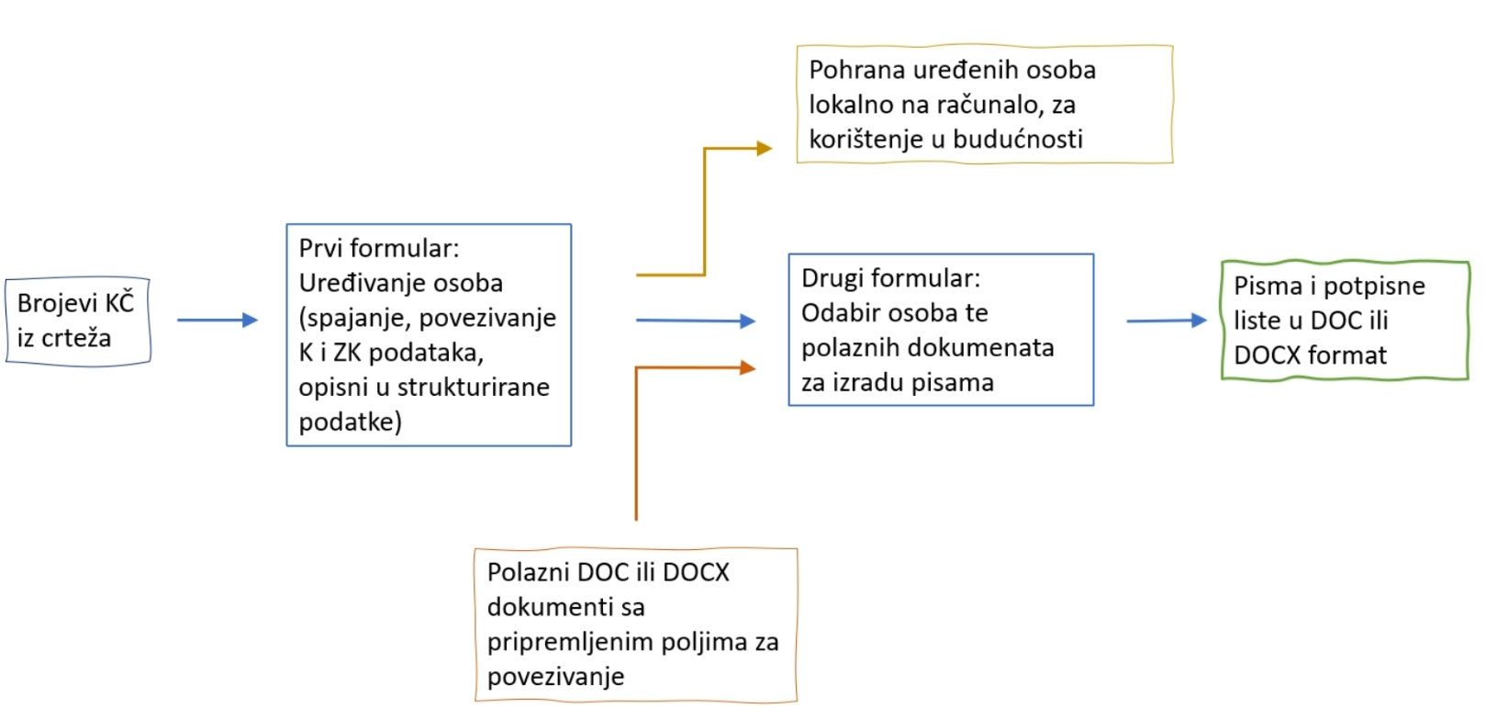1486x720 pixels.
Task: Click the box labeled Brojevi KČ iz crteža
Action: tap(78, 321)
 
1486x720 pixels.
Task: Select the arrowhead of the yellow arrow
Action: tap(765, 148)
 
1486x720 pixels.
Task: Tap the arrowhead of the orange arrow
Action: tap(748, 367)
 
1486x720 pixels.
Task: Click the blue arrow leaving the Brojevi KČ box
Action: tap(218, 320)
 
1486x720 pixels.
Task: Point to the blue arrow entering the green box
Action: tap(1167, 321)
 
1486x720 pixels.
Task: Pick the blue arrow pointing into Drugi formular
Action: tap(696, 321)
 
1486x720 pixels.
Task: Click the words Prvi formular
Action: tap(379, 249)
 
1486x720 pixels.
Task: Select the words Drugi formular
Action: tap(891, 278)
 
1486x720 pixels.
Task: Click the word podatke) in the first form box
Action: tap(351, 422)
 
